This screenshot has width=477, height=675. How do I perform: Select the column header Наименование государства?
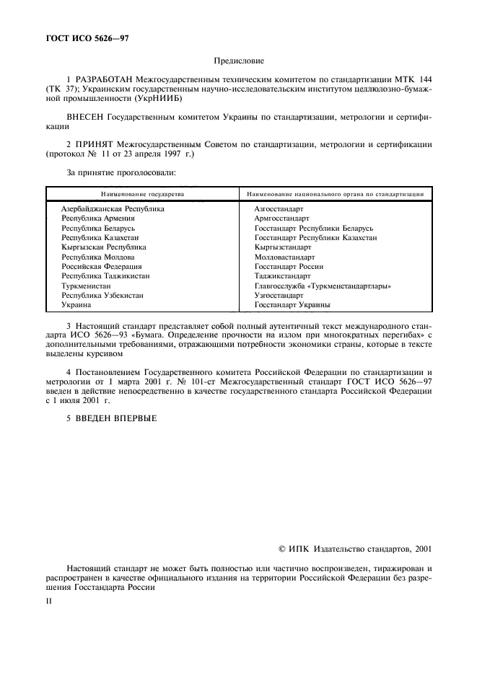pyautogui.click(x=143, y=194)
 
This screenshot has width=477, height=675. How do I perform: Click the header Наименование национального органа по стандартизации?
pyautogui.click(x=334, y=194)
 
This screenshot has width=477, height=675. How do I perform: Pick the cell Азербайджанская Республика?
pyautogui.click(x=113, y=208)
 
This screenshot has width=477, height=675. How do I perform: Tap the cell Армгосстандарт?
pyautogui.click(x=281, y=218)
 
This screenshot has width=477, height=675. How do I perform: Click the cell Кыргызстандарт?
pyautogui.click(x=282, y=247)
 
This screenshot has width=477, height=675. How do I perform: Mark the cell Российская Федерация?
pyautogui.click(x=96, y=267)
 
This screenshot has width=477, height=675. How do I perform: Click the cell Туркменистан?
pyautogui.click(x=86, y=286)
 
